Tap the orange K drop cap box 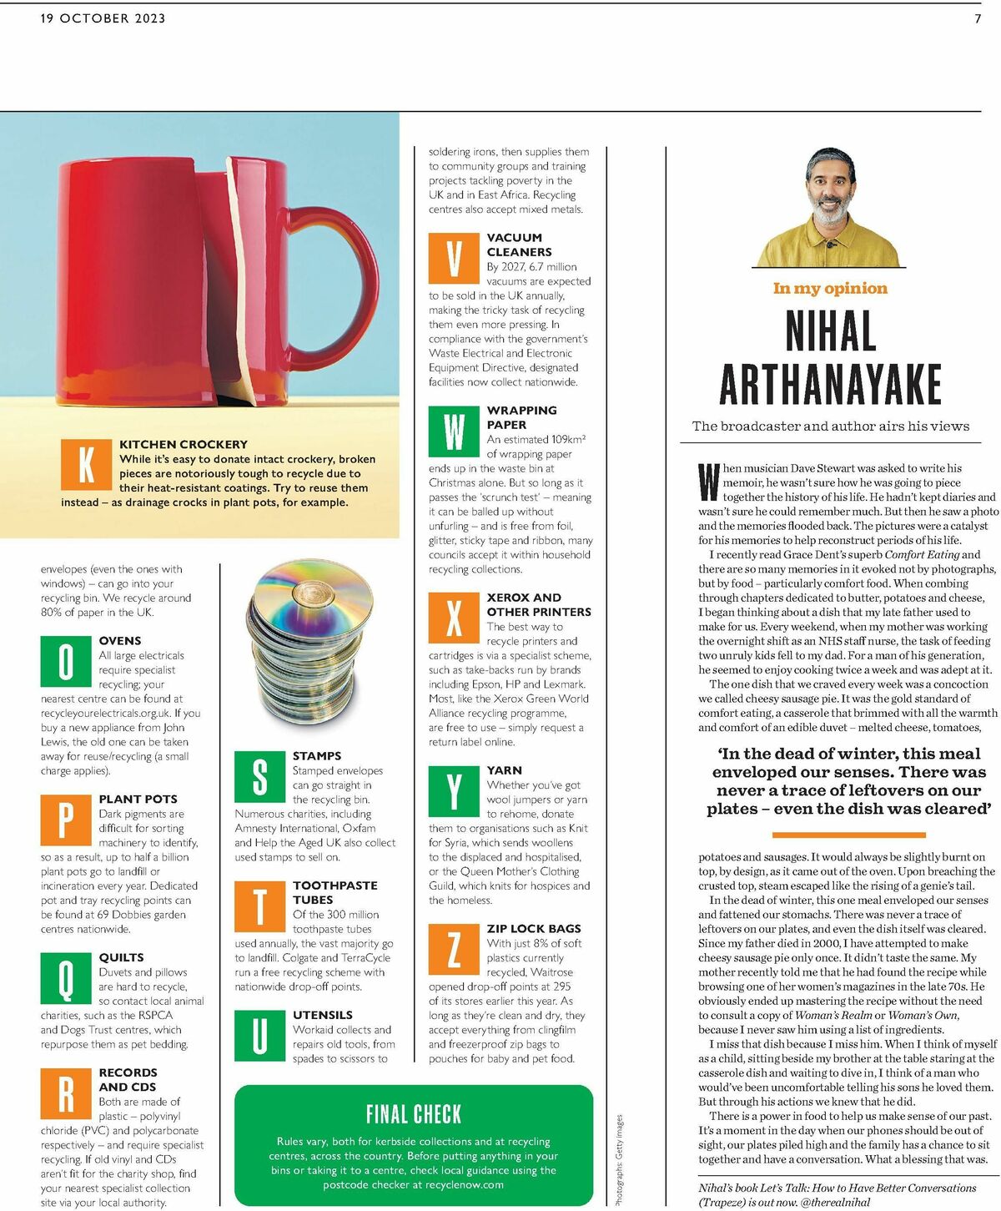[x=86, y=464]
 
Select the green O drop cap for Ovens [x=66, y=661]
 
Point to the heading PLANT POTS [x=138, y=799]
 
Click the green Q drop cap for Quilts [x=66, y=978]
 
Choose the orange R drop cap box [x=66, y=1093]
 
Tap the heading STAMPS [x=317, y=755]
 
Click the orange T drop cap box [x=260, y=906]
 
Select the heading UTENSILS [x=323, y=1015]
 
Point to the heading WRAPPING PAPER [x=521, y=417]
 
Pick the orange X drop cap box [x=454, y=617]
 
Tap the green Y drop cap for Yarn [x=454, y=790]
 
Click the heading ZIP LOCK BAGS [x=534, y=928]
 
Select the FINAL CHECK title [x=414, y=1114]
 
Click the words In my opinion [x=830, y=289]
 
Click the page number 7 [x=978, y=18]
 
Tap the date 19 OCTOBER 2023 [x=103, y=18]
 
